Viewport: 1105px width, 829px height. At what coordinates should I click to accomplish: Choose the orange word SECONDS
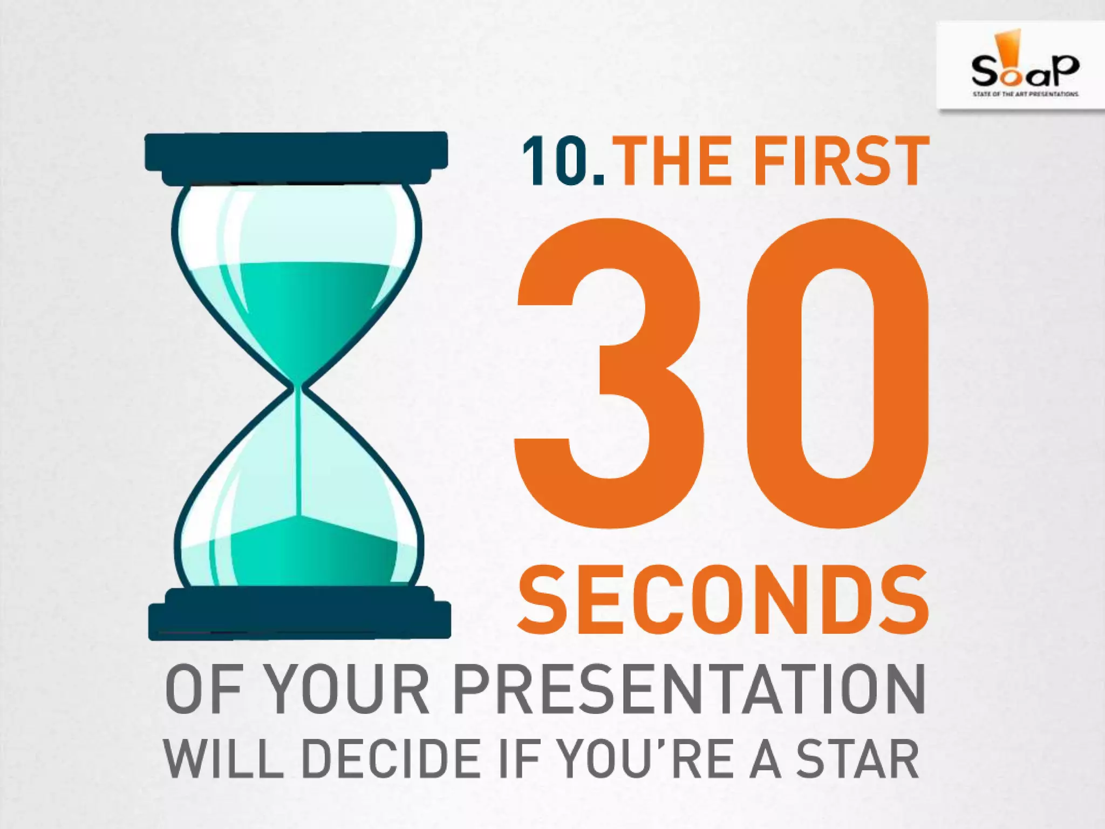(723, 601)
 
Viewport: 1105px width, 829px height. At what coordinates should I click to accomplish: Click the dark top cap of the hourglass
(296, 153)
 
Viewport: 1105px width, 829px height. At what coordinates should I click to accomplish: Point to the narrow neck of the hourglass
(297, 386)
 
